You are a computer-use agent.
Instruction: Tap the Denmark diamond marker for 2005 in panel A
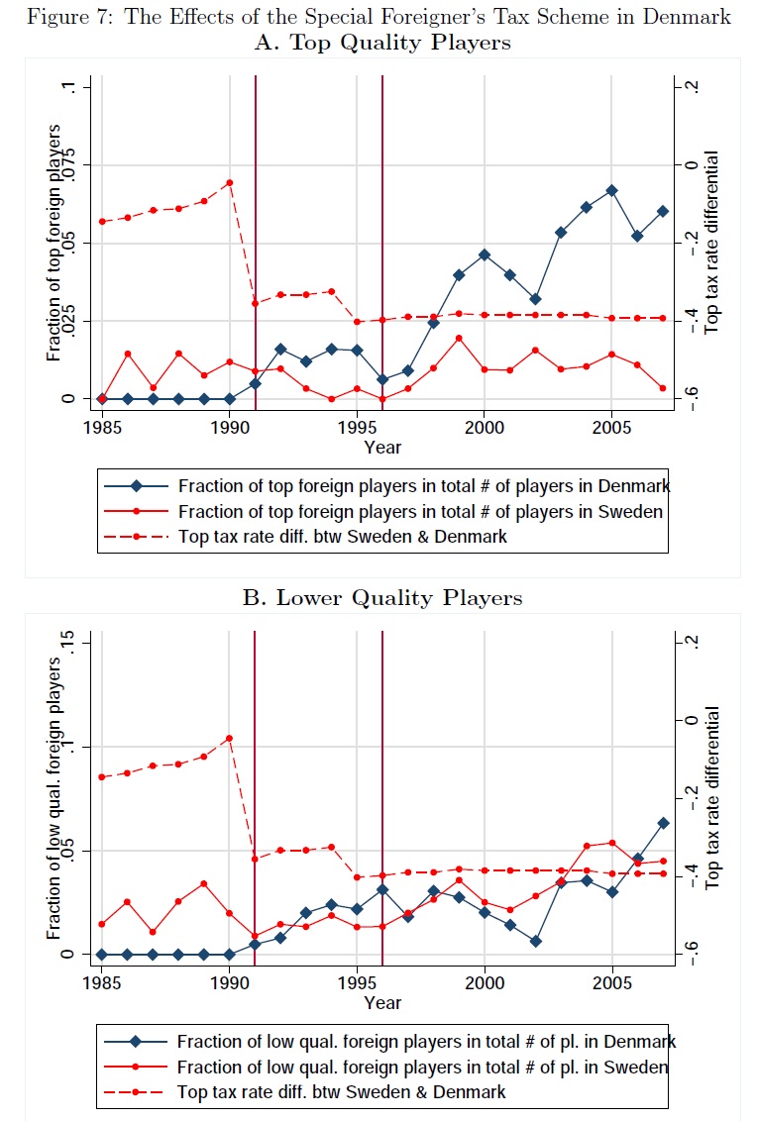pyautogui.click(x=611, y=190)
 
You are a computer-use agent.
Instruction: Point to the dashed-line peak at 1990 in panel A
pyautogui.click(x=229, y=182)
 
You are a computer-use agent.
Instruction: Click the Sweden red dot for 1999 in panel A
pyautogui.click(x=459, y=338)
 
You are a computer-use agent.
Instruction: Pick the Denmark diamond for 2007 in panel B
pyautogui.click(x=663, y=823)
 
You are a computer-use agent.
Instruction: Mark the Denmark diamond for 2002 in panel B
pyautogui.click(x=535, y=941)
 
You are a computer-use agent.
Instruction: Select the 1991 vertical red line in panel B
pyautogui.click(x=256, y=792)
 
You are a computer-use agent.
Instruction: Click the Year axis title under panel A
pyautogui.click(x=381, y=448)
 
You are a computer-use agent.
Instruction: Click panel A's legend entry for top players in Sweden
pyautogui.click(x=420, y=511)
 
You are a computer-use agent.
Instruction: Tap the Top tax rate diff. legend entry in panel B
pyautogui.click(x=342, y=1091)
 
